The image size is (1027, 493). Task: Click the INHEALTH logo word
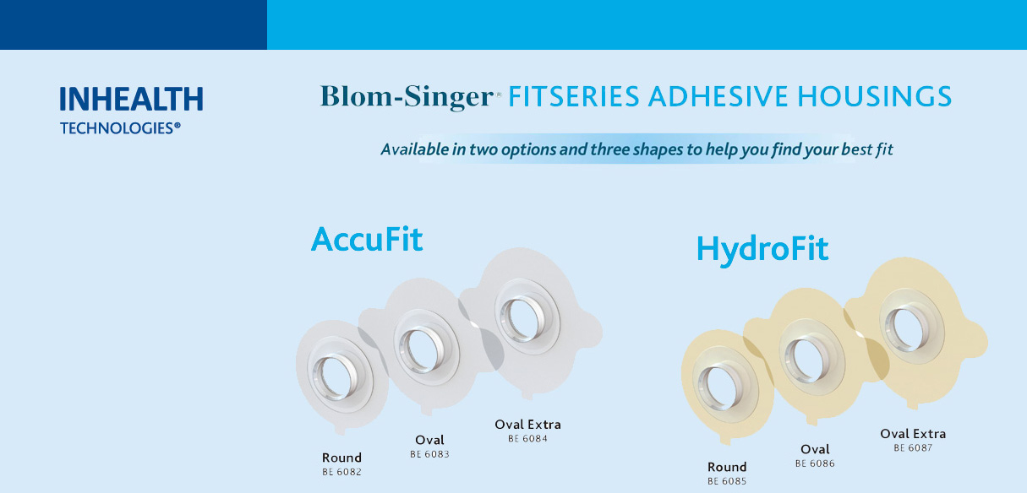tap(131, 99)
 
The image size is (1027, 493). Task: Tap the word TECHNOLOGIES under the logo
tap(117, 128)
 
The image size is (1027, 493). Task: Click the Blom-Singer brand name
tap(407, 97)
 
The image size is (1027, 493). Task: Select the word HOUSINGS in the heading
tap(874, 96)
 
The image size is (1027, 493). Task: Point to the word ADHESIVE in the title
tap(718, 96)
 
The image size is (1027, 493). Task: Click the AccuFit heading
tap(367, 239)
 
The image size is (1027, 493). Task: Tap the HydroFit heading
tap(762, 250)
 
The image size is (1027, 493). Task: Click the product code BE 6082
tap(341, 472)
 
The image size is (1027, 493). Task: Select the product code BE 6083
tap(429, 454)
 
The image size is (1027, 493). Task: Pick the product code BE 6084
tap(527, 438)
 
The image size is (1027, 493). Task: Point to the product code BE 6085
tap(727, 481)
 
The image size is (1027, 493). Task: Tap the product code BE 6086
tap(815, 463)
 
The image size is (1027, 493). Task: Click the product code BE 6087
tap(913, 447)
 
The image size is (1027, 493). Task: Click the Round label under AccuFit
tap(341, 458)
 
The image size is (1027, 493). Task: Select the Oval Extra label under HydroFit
tap(913, 434)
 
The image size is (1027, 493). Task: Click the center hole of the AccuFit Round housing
tap(336, 377)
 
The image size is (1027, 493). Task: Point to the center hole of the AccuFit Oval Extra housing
tap(522, 318)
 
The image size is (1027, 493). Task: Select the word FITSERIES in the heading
tap(574, 96)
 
